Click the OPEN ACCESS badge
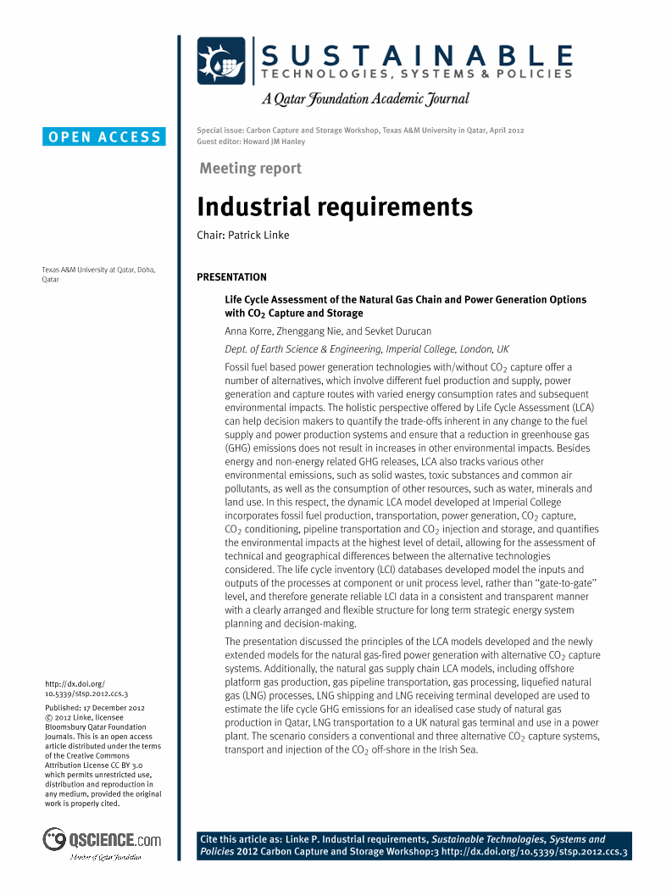pos(104,136)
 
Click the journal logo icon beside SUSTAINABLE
pos(221,61)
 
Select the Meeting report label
pos(250,168)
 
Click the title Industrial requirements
pos(335,207)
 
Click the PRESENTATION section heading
pos(231,277)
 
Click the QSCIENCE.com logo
pos(103,840)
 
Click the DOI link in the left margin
pos(86,688)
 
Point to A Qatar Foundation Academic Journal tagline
pos(365,99)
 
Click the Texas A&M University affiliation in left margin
pos(98,275)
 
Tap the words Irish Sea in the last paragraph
pos(458,749)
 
